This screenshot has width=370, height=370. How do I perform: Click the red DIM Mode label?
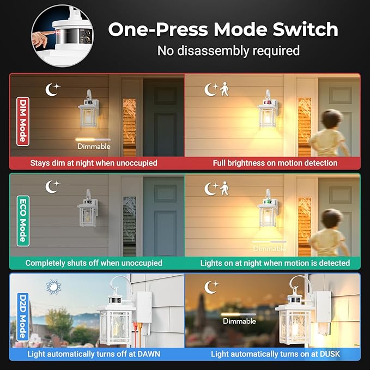click(23, 122)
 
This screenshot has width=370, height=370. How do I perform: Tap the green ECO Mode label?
click(23, 221)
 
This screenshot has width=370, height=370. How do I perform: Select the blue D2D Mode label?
click(23, 317)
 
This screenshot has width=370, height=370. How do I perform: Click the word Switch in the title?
click(305, 29)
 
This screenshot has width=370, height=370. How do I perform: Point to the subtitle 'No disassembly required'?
click(228, 51)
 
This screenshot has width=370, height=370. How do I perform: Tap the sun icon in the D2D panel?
click(53, 287)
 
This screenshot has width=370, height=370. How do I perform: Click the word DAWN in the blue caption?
click(149, 354)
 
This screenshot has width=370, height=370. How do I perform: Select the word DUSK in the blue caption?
click(330, 354)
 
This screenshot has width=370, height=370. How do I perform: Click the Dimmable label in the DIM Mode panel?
click(94, 146)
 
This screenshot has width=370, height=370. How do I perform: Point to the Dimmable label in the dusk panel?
click(239, 321)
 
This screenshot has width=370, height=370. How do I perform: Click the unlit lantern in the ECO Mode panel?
click(88, 208)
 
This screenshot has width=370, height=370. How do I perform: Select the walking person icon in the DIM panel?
click(225, 89)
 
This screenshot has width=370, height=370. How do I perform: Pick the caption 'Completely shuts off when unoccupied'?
click(94, 263)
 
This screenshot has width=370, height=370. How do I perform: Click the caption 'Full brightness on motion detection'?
click(275, 163)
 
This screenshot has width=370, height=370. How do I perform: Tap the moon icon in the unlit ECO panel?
click(52, 187)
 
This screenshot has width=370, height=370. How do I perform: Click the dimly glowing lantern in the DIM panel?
click(88, 109)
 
